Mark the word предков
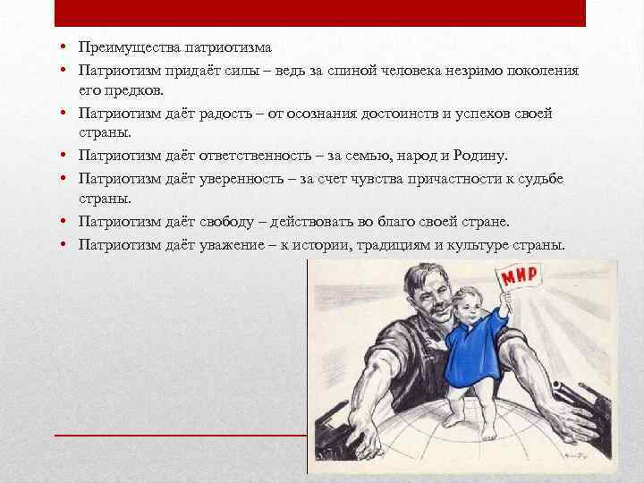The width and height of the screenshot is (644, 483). pyautogui.click(x=134, y=91)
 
